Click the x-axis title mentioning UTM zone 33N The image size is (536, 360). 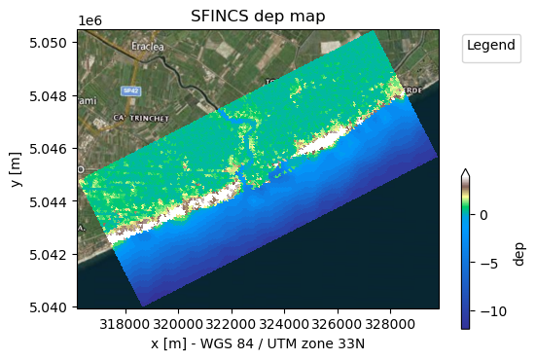(x=258, y=345)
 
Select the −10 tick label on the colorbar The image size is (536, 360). (x=485, y=312)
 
